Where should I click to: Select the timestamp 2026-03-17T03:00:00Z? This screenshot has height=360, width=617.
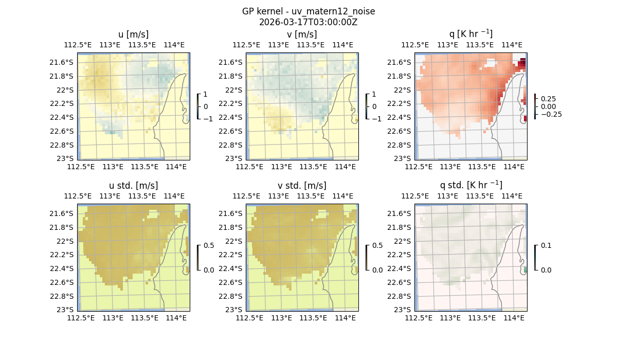[308, 22]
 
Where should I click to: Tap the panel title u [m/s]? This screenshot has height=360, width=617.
[133, 34]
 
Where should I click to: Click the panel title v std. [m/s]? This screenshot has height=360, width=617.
[302, 185]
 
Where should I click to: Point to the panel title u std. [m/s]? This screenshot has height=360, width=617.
[133, 185]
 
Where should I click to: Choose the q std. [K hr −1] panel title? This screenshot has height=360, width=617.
[470, 185]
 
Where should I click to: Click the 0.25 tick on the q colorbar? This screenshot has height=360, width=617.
[548, 99]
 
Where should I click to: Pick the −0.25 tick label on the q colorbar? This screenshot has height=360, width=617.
[551, 114]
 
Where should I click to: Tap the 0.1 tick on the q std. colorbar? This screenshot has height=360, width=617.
[546, 245]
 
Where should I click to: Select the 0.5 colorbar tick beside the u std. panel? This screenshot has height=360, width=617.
[209, 245]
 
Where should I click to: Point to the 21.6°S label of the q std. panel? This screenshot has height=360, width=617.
[403, 213]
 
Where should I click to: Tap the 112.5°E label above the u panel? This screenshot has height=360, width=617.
[77, 45]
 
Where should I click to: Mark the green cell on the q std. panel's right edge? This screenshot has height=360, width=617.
[525, 269]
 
